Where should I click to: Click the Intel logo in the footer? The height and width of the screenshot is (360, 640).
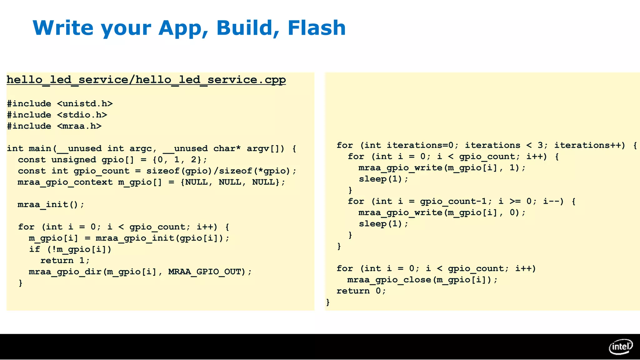click(x=621, y=347)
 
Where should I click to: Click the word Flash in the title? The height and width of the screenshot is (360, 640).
click(x=316, y=28)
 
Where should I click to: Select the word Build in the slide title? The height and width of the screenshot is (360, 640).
click(x=244, y=28)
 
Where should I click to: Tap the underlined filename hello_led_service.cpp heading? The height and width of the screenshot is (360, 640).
click(x=146, y=80)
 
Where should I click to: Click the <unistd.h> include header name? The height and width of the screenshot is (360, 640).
click(x=85, y=104)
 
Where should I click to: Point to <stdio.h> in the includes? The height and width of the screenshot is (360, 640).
click(x=82, y=115)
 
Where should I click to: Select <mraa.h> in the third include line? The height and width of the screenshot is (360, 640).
click(x=79, y=126)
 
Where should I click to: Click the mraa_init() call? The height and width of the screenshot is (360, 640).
click(x=51, y=205)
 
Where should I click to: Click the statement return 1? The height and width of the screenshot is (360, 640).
click(x=65, y=261)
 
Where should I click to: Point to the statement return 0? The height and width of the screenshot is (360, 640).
click(x=361, y=291)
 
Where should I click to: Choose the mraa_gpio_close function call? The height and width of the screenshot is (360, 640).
click(x=389, y=280)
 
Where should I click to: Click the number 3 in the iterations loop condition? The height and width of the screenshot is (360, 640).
click(x=540, y=145)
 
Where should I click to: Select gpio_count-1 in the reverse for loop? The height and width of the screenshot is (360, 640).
click(x=453, y=201)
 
